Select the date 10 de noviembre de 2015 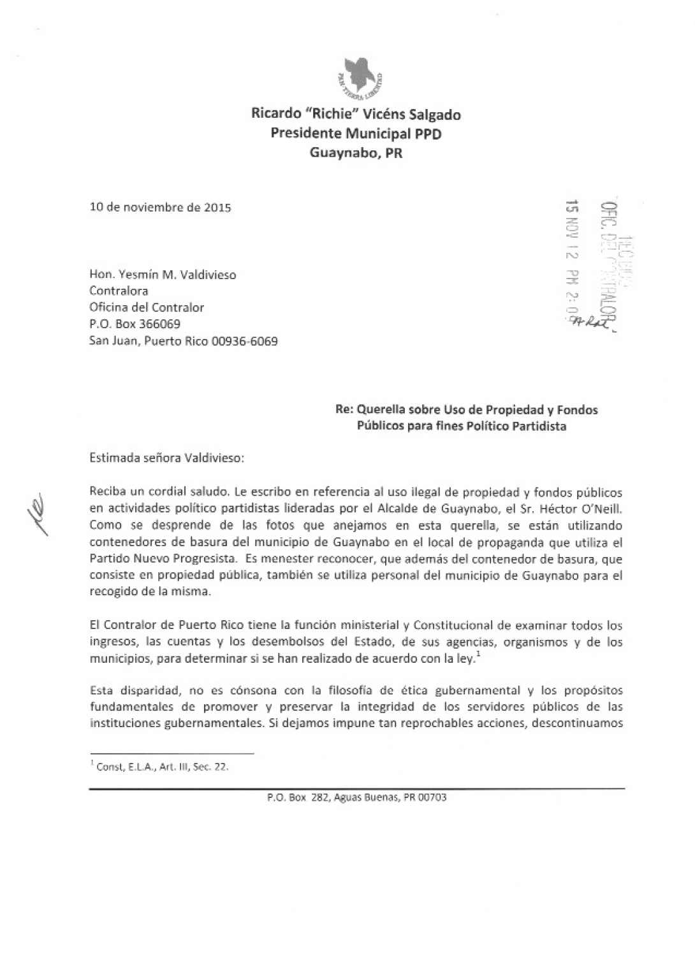click(160, 207)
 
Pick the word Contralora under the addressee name click(118, 291)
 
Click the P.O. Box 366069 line click(135, 324)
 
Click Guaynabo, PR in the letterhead click(356, 153)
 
